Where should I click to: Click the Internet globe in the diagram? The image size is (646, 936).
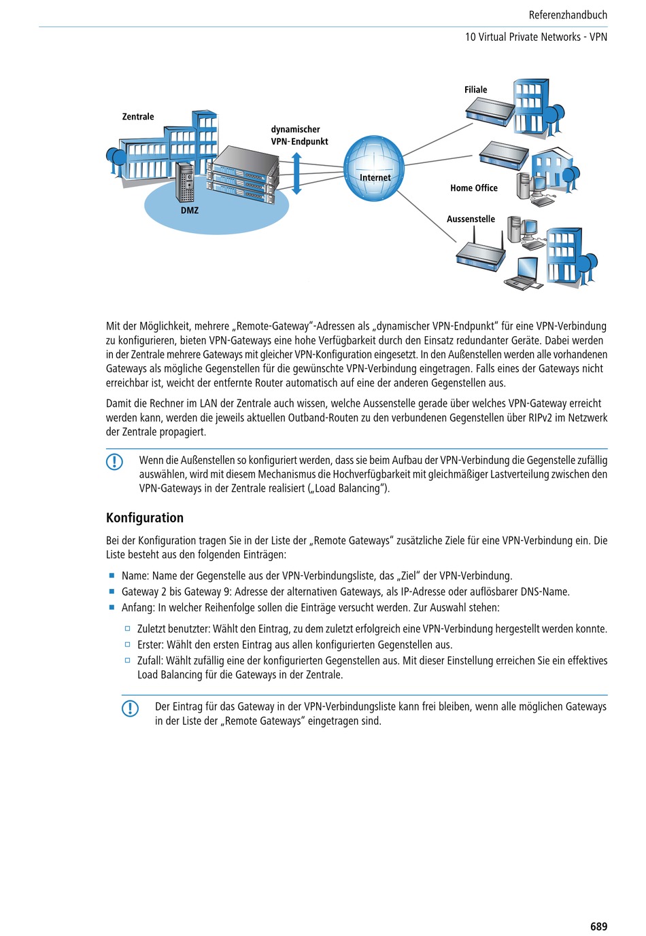[374, 168]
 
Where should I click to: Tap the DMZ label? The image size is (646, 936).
[190, 211]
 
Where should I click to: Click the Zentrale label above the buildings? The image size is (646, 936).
[138, 117]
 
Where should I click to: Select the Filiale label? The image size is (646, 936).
[476, 90]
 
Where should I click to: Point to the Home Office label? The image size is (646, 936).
[474, 188]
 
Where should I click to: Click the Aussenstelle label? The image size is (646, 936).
[471, 219]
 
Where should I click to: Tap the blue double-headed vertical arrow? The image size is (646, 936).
[296, 174]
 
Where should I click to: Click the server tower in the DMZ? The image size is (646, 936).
[185, 181]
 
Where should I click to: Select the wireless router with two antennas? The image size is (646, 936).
[481, 254]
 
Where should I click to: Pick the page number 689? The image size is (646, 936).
[598, 926]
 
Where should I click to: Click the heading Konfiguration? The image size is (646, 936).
[145, 518]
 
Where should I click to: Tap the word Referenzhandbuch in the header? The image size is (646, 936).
[568, 15]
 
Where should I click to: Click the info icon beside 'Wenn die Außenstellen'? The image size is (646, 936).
[114, 462]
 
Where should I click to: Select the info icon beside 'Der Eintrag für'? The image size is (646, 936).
[130, 708]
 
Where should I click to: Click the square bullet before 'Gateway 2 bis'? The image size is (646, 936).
[112, 592]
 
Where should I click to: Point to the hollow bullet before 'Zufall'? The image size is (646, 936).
[127, 660]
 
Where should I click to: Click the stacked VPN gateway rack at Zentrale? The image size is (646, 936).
[243, 175]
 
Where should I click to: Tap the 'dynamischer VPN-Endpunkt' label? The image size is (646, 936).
[299, 135]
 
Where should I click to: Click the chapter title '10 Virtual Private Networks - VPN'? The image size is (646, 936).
[536, 37]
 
